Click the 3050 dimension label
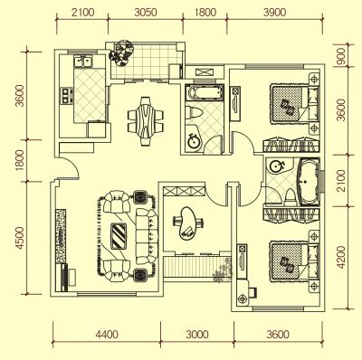pyautogui.click(x=146, y=13)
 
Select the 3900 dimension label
pyautogui.click(x=274, y=13)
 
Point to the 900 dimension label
pyautogui.click(x=341, y=56)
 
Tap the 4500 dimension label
pyautogui.click(x=20, y=238)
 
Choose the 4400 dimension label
pyautogui.click(x=107, y=335)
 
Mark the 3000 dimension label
pyautogui.click(x=197, y=335)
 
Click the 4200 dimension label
pyautogui.click(x=341, y=257)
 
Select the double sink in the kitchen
pyautogui.click(x=83, y=62)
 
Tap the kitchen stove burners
pyautogui.click(x=66, y=95)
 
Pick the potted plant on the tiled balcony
pyautogui.click(x=121, y=52)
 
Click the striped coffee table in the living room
pyautogui.click(x=119, y=236)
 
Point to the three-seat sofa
pyautogui.click(x=147, y=236)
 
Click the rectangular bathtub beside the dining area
pyautogui.click(x=205, y=92)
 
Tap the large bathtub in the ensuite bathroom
pyautogui.click(x=308, y=182)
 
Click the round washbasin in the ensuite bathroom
pyautogui.click(x=275, y=166)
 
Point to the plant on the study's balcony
pyautogui.click(x=223, y=270)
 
